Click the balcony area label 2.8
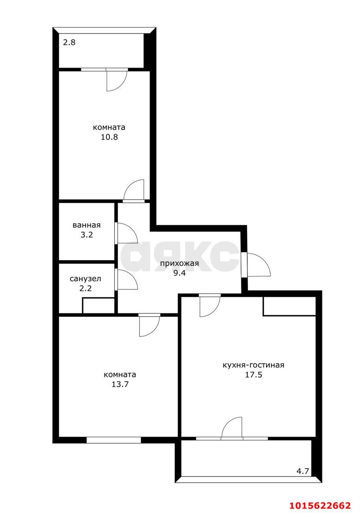(x=69, y=42)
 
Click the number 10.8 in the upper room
(x=109, y=137)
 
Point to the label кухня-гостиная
(x=253, y=365)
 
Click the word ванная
(x=87, y=225)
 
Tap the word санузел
(x=85, y=279)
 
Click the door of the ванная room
(x=126, y=233)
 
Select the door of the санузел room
(x=126, y=279)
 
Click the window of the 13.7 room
(x=114, y=440)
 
